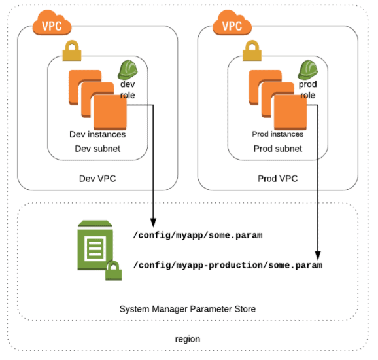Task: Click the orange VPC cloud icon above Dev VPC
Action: click(51, 26)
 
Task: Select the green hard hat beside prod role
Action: click(306, 69)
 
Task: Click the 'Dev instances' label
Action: click(97, 134)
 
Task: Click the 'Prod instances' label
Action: click(277, 134)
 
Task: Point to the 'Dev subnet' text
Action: click(97, 149)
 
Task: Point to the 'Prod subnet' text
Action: click(277, 149)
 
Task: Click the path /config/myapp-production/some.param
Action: click(228, 265)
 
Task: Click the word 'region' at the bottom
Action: click(187, 339)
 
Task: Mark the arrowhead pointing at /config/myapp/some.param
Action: click(153, 223)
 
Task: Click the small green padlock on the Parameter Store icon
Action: click(114, 271)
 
